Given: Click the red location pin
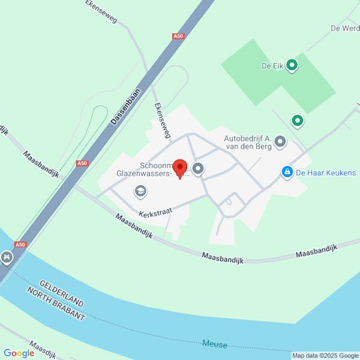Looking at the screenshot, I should click(x=180, y=169).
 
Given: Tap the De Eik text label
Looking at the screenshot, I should click(x=272, y=66).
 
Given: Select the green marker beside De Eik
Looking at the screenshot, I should click(x=292, y=65).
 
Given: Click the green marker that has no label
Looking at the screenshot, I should click(x=297, y=122).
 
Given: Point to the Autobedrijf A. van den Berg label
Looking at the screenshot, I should click(x=248, y=142).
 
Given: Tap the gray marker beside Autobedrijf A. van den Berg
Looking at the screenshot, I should click(x=280, y=142).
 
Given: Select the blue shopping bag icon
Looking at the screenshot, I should click(x=287, y=173).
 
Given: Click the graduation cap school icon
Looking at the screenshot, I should click(x=140, y=191).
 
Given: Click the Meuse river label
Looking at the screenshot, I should click(x=215, y=344).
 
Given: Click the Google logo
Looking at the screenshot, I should click(x=19, y=353).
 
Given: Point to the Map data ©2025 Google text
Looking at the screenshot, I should click(x=325, y=355).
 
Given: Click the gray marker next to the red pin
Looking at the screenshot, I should click(x=198, y=169).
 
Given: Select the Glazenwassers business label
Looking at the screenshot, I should click(x=144, y=175).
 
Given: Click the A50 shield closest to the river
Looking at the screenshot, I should click(x=21, y=244).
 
